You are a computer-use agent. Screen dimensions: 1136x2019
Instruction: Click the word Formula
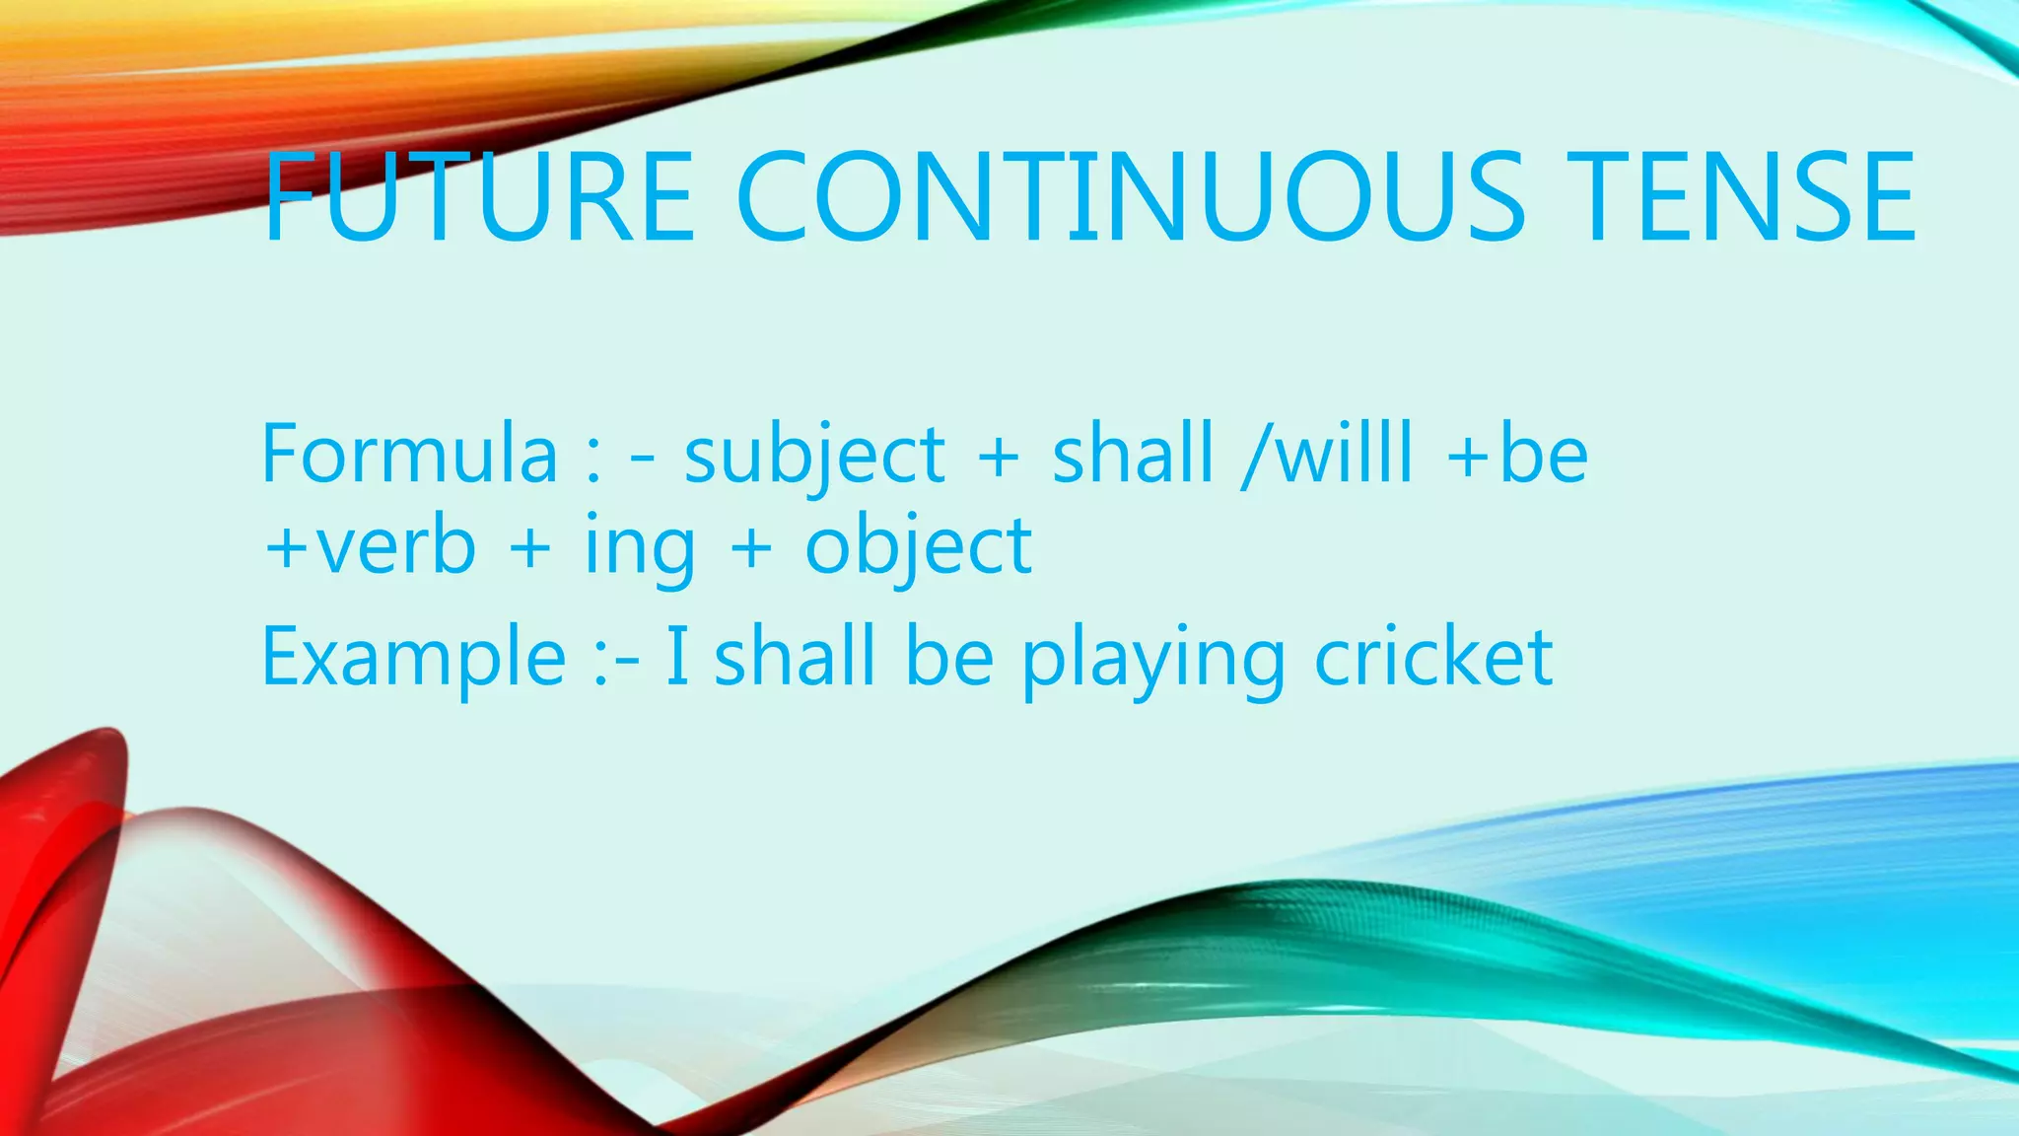coord(409,454)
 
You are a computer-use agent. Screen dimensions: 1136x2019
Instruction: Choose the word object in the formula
coord(918,548)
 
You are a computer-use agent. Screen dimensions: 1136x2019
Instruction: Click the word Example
coord(413,659)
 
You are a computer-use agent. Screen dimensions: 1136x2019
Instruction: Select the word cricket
coord(1434,657)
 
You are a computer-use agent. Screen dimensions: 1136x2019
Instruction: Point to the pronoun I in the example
coord(677,657)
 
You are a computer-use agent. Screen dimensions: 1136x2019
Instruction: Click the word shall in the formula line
coord(1133,454)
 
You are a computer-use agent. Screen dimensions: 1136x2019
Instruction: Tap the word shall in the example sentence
coord(795,657)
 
